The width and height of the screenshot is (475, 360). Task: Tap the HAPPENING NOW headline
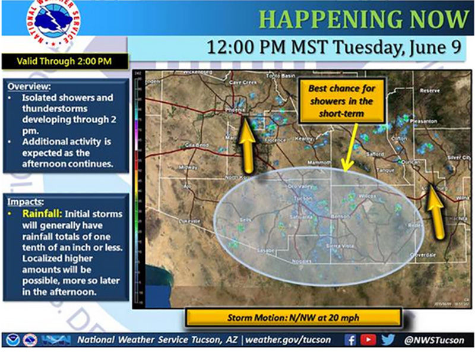[x=364, y=20]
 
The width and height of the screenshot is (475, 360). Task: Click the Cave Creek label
[x=242, y=83]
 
